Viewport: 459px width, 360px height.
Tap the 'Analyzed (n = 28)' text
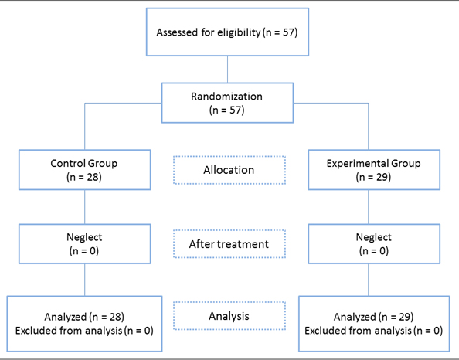point(84,317)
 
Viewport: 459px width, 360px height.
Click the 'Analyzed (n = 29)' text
point(374,317)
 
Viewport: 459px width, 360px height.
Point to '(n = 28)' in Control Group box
point(84,177)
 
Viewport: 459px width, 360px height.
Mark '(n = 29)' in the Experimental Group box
point(373,177)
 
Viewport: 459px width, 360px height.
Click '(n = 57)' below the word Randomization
point(227,110)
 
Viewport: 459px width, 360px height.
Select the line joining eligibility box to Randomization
point(227,70)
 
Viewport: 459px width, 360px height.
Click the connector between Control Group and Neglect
point(84,207)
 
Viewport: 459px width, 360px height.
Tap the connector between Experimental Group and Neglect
point(369,207)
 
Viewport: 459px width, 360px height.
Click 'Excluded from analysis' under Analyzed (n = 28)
point(69,331)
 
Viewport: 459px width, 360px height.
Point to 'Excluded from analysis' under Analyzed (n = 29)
point(359,331)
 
